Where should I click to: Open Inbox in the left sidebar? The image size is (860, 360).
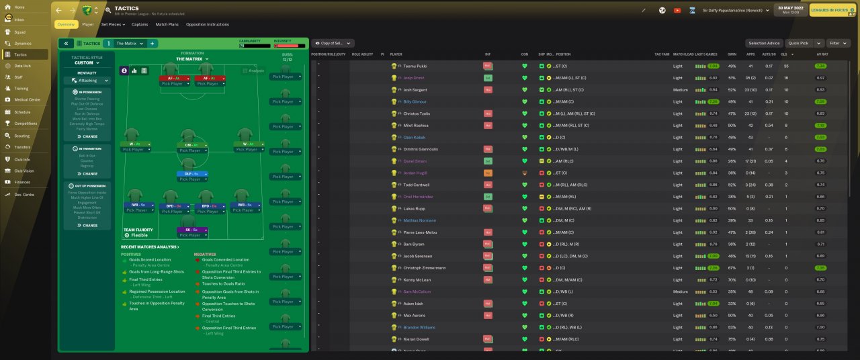coord(19,19)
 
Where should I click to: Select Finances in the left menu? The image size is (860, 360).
coord(21,182)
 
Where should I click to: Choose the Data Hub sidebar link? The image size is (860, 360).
coord(23,66)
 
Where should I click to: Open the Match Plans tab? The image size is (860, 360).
coord(167,24)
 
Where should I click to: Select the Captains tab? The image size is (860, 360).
coord(140,24)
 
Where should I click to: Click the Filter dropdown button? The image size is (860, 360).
coord(837,43)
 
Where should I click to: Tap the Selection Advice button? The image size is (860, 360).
coord(764,43)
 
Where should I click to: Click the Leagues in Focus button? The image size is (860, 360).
coord(832,10)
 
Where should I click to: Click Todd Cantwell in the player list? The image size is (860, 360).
coord(417,185)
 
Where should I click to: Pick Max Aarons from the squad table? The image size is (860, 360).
coord(413,315)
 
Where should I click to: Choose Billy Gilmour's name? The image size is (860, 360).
coord(415,101)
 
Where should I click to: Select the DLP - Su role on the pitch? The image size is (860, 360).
coord(189,174)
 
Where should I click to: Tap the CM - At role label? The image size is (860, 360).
coord(189,145)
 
